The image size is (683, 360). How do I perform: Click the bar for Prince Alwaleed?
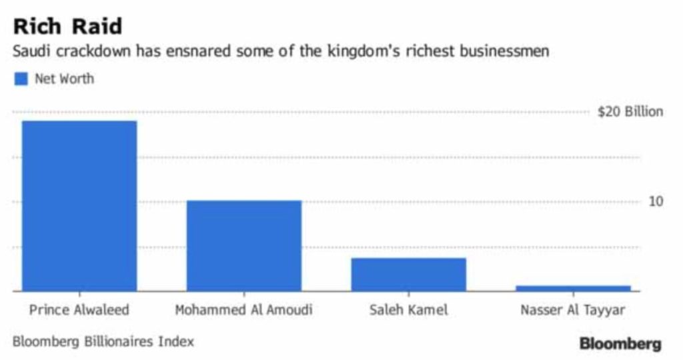(79, 206)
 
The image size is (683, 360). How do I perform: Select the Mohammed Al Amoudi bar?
(244, 245)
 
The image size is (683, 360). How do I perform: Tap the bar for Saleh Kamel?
(409, 274)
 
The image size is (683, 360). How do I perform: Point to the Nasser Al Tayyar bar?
(573, 288)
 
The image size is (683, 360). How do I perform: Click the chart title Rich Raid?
(67, 26)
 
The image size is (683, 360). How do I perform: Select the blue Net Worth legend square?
(21, 79)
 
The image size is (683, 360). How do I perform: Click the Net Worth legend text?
(65, 79)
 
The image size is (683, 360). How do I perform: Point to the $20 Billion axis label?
(630, 112)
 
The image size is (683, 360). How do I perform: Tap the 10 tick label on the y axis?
(656, 201)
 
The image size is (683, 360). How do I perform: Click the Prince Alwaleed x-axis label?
(79, 310)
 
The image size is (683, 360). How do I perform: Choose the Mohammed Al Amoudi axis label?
(244, 310)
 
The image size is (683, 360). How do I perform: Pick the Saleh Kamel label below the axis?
(409, 310)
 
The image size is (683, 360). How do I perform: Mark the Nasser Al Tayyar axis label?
(573, 311)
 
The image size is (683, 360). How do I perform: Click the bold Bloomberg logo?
(620, 344)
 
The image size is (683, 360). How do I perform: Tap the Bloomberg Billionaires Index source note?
(103, 342)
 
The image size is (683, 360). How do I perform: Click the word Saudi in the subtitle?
(32, 51)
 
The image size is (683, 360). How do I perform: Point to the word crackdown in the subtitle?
(93, 51)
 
